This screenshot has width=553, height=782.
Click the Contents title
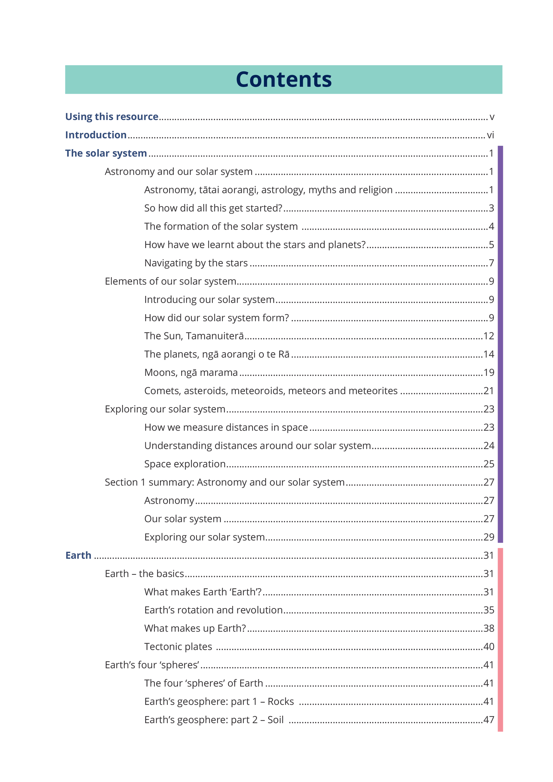pos(283,80)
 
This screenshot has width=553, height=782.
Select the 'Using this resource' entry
pos(112,117)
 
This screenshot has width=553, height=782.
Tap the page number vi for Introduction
pos(490,135)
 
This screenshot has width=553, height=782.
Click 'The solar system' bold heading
pos(106,154)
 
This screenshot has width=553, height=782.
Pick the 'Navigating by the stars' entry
pos(196,263)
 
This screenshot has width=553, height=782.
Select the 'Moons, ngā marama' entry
pos(191,373)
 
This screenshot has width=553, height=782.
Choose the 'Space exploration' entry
pos(185,464)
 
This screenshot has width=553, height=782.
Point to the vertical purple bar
pos(500,344)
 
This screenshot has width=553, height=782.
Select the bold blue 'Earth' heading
pos(78,555)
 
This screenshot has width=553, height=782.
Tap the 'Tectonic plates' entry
pos(178,647)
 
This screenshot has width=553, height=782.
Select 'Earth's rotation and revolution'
pos(213,610)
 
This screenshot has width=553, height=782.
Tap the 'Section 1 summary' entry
pos(225,483)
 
